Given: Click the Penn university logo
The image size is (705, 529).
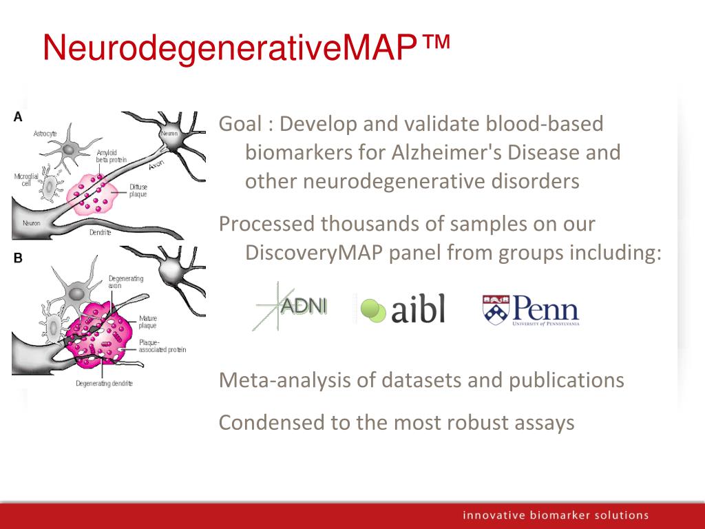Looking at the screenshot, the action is pyautogui.click(x=531, y=311).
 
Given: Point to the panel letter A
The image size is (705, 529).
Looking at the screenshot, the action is pyautogui.click(x=18, y=117).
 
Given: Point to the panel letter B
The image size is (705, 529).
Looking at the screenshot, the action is pyautogui.click(x=18, y=258).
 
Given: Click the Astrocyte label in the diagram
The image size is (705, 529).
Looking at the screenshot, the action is pyautogui.click(x=45, y=133).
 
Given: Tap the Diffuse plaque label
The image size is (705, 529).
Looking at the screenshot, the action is pyautogui.click(x=138, y=190).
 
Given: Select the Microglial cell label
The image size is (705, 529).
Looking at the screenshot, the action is pyautogui.click(x=26, y=180).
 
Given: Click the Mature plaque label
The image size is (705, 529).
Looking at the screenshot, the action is pyautogui.click(x=148, y=322).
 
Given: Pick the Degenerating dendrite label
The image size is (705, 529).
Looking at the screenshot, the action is pyautogui.click(x=104, y=383).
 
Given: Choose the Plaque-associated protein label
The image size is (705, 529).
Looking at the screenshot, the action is pyautogui.click(x=162, y=346).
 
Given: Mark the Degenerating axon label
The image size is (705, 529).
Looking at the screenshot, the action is pyautogui.click(x=125, y=280).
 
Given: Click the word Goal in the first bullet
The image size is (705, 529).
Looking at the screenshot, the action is pyautogui.click(x=240, y=124).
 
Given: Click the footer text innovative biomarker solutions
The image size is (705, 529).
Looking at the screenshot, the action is pyautogui.click(x=556, y=515).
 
